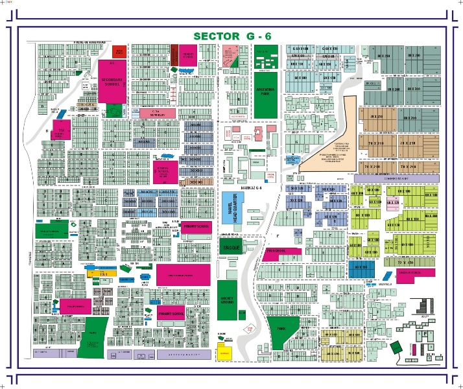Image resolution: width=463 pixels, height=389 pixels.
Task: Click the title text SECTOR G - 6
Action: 231,36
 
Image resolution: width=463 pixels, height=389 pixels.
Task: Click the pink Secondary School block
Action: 112,81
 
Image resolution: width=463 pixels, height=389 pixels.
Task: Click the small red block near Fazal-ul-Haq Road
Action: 120,51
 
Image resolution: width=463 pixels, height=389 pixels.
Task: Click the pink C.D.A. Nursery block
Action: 158,113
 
